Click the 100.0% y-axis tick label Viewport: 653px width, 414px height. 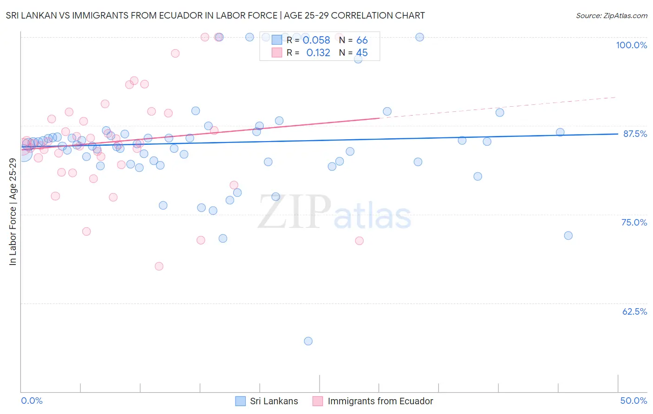point(631,45)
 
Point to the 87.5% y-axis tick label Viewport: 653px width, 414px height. point(635,134)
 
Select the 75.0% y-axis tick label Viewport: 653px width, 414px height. point(634,222)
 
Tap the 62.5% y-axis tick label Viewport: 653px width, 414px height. point(634,311)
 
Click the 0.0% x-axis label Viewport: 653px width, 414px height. point(32,401)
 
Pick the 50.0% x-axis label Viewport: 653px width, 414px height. point(633,401)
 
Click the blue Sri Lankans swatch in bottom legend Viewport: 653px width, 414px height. point(240,401)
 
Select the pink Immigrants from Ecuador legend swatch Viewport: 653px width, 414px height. point(318,401)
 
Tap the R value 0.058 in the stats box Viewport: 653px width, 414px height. point(316,40)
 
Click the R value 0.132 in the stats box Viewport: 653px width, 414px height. point(318,53)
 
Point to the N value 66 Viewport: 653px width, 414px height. point(362,40)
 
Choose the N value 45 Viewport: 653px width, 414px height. point(362,53)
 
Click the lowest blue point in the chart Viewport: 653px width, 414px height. point(308,341)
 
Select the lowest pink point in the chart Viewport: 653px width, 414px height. point(159,266)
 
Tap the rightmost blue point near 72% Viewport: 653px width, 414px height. point(568,236)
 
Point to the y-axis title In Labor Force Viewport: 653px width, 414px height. point(13,212)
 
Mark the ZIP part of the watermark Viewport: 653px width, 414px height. point(294,212)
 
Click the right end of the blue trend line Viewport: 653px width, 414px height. point(618,134)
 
